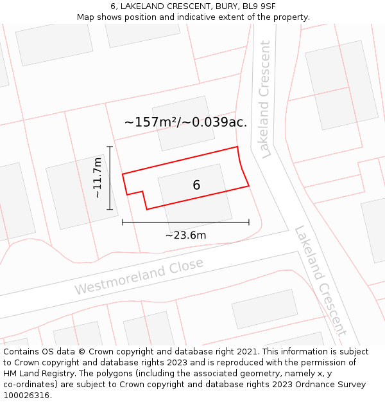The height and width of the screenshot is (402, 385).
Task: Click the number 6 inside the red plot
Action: coord(196,185)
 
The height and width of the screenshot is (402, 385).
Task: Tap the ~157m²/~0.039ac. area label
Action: coord(185,122)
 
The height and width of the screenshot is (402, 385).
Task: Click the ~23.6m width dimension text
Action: coord(185,235)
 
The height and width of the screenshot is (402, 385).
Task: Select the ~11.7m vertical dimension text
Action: coord(97,178)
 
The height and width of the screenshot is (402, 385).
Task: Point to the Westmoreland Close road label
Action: coord(139,277)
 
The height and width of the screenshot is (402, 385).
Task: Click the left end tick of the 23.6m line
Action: coord(123,223)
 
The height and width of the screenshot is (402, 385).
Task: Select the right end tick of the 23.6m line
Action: coord(249,223)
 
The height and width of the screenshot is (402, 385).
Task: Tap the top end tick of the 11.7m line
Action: coord(110,147)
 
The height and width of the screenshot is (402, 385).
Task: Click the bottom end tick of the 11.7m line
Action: coord(110,210)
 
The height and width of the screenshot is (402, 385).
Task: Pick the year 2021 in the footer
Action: coord(246,352)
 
